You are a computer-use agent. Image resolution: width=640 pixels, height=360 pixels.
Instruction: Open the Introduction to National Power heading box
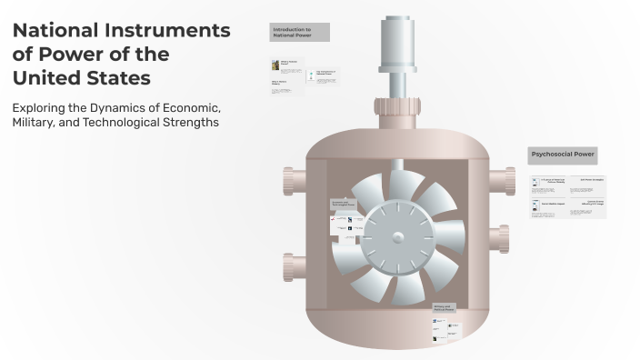coord(299,33)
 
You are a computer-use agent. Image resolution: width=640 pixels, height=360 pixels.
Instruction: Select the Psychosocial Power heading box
coord(563,155)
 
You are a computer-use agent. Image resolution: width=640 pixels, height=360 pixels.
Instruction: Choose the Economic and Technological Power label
coord(346,205)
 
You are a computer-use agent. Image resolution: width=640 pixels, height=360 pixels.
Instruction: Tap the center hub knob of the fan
coord(397,237)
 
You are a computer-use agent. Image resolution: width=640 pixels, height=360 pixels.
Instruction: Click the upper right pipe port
coord(501,180)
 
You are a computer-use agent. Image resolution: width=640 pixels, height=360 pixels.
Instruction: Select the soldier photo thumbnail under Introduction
coord(275,65)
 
